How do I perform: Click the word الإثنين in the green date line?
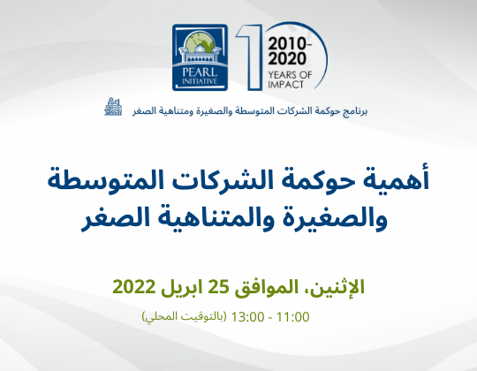[337, 286]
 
